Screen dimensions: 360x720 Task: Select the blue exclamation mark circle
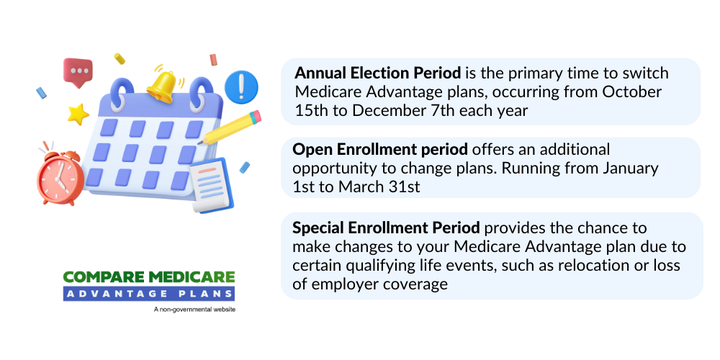coord(241,87)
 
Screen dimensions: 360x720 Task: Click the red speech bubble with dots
coord(78,72)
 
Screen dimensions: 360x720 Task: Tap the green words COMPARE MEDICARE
coord(148,277)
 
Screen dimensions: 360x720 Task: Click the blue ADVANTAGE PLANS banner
coord(148,293)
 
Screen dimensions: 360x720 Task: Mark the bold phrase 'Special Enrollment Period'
coord(387,228)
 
